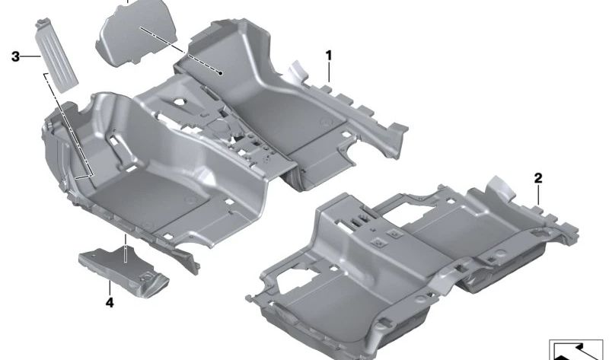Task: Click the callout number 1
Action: pyautogui.click(x=329, y=56)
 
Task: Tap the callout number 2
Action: pyautogui.click(x=538, y=178)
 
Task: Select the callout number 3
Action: pyautogui.click(x=15, y=56)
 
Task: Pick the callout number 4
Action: pyautogui.click(x=110, y=302)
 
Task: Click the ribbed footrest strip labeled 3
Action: pyautogui.click(x=57, y=55)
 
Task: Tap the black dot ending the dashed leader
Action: pyautogui.click(x=220, y=73)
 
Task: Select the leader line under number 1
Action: pyautogui.click(x=329, y=72)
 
